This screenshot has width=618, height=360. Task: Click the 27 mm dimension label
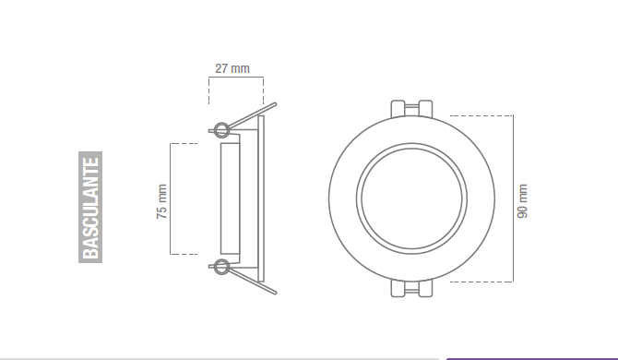(x=232, y=68)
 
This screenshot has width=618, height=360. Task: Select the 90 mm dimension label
(x=523, y=198)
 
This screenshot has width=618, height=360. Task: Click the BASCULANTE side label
(x=89, y=206)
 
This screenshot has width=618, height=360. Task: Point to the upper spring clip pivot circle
(x=220, y=128)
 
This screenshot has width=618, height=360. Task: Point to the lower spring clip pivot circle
(x=220, y=268)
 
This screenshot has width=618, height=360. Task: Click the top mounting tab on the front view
(x=410, y=108)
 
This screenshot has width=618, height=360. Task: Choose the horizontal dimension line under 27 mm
(x=236, y=79)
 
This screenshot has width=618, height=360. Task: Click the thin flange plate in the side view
(x=265, y=198)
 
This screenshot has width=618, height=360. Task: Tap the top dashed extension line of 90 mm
(x=480, y=116)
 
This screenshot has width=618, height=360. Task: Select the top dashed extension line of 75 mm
(x=184, y=144)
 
